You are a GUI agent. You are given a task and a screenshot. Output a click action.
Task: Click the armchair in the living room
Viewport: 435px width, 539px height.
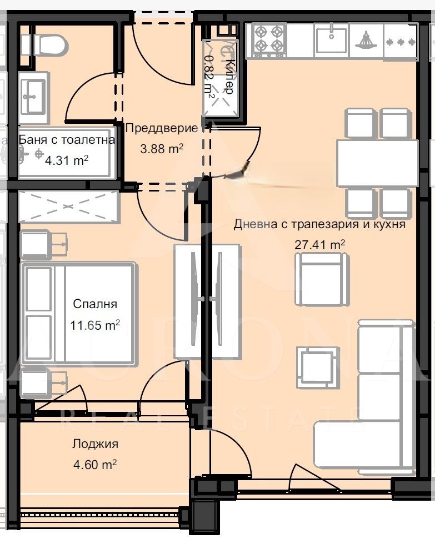pyautogui.click(x=322, y=279)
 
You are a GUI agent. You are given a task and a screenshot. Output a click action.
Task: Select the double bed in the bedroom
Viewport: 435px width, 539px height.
pyautogui.click(x=78, y=313)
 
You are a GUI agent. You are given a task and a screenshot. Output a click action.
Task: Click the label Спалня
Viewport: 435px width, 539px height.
pyautogui.click(x=95, y=304)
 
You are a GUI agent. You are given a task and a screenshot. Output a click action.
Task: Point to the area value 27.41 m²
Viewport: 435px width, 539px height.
pyautogui.click(x=319, y=245)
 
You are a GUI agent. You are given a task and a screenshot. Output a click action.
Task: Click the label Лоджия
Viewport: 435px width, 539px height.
pyautogui.click(x=96, y=444)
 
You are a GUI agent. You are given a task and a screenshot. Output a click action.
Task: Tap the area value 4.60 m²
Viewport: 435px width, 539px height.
pyautogui.click(x=95, y=465)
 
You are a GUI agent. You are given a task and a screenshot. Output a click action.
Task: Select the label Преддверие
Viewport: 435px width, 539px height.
pyautogui.click(x=162, y=129)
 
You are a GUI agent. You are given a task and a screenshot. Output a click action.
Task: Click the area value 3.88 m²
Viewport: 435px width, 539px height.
pyautogui.click(x=162, y=149)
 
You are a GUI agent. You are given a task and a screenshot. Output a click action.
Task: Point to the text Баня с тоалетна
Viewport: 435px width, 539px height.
pyautogui.click(x=67, y=139)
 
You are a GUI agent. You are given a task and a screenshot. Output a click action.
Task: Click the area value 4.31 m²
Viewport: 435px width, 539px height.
pyautogui.click(x=67, y=160)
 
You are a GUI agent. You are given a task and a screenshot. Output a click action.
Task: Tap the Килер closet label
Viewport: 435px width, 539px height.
pyautogui.click(x=228, y=76)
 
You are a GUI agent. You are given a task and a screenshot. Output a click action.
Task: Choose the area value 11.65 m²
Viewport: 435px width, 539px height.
pyautogui.click(x=95, y=325)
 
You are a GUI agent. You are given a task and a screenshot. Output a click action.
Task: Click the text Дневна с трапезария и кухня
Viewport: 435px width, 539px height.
pyautogui.click(x=319, y=224)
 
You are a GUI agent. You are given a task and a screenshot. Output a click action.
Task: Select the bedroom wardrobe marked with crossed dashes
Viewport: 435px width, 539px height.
pyautogui.click(x=69, y=206)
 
